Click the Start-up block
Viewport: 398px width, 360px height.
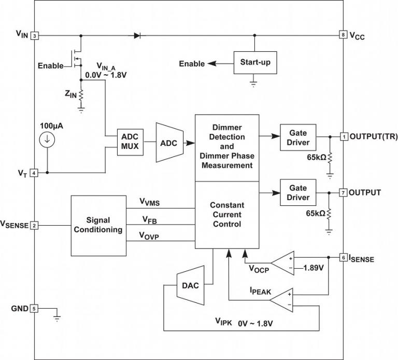[x=255, y=63]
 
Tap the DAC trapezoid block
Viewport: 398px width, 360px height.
[x=188, y=285]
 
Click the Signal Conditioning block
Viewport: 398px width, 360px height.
[x=98, y=225]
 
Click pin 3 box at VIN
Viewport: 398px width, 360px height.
[x=34, y=35]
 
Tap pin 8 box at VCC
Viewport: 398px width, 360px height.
[x=343, y=35]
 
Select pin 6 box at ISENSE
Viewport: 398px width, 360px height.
[x=343, y=257]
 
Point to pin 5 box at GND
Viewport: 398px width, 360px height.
[x=34, y=309]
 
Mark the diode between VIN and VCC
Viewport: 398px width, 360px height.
[x=138, y=35]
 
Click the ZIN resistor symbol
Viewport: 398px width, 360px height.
[x=81, y=94]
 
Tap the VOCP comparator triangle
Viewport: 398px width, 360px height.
[x=284, y=264]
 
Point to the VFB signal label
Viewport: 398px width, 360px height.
[x=150, y=220]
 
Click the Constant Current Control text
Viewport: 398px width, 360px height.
[x=227, y=215]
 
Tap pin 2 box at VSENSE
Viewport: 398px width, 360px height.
[x=34, y=225]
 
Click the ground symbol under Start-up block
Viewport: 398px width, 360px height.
[x=253, y=82]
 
